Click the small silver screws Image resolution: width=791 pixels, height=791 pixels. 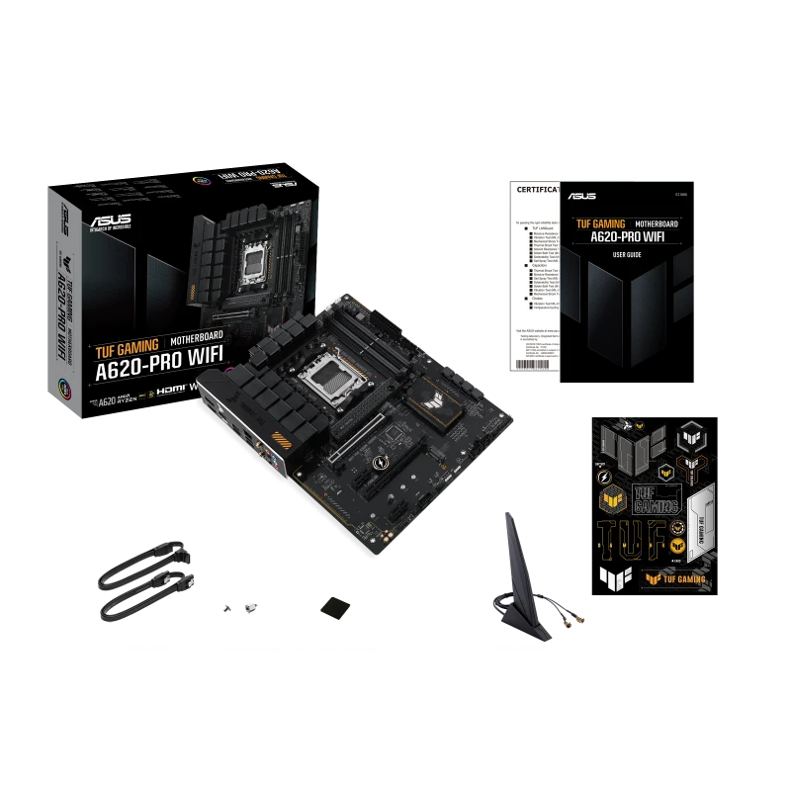(239, 606)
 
